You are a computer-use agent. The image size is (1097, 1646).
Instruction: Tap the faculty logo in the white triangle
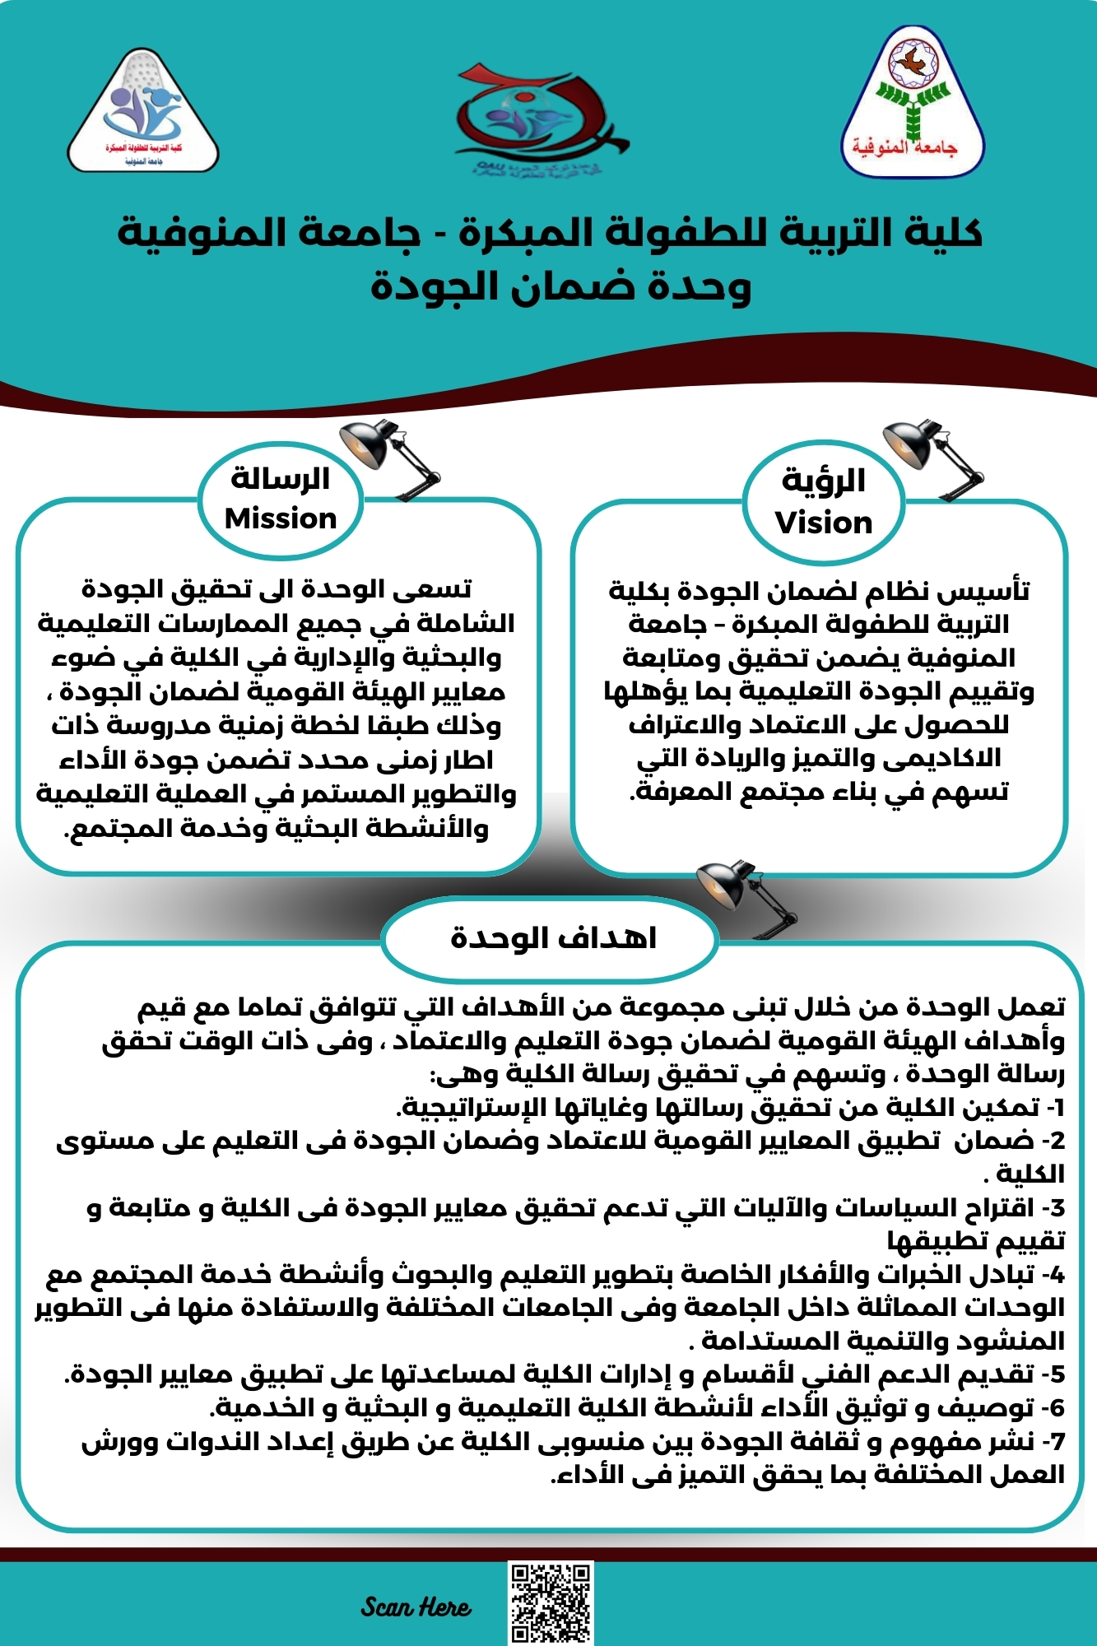coord(143,112)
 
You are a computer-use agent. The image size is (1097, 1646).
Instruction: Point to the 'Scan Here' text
coord(416,1606)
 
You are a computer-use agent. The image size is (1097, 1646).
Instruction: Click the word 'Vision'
coord(824,523)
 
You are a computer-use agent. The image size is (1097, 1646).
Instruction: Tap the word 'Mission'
coord(281,518)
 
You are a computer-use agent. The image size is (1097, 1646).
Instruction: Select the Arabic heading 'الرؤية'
coord(824,480)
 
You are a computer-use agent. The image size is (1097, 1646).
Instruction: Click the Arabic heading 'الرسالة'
coord(281,477)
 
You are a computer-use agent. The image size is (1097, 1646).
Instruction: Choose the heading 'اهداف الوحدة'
coord(553,937)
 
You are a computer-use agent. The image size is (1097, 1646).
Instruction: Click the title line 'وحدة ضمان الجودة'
coord(560,286)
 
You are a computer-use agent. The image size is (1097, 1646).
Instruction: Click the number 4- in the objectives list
coord(1053,1274)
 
